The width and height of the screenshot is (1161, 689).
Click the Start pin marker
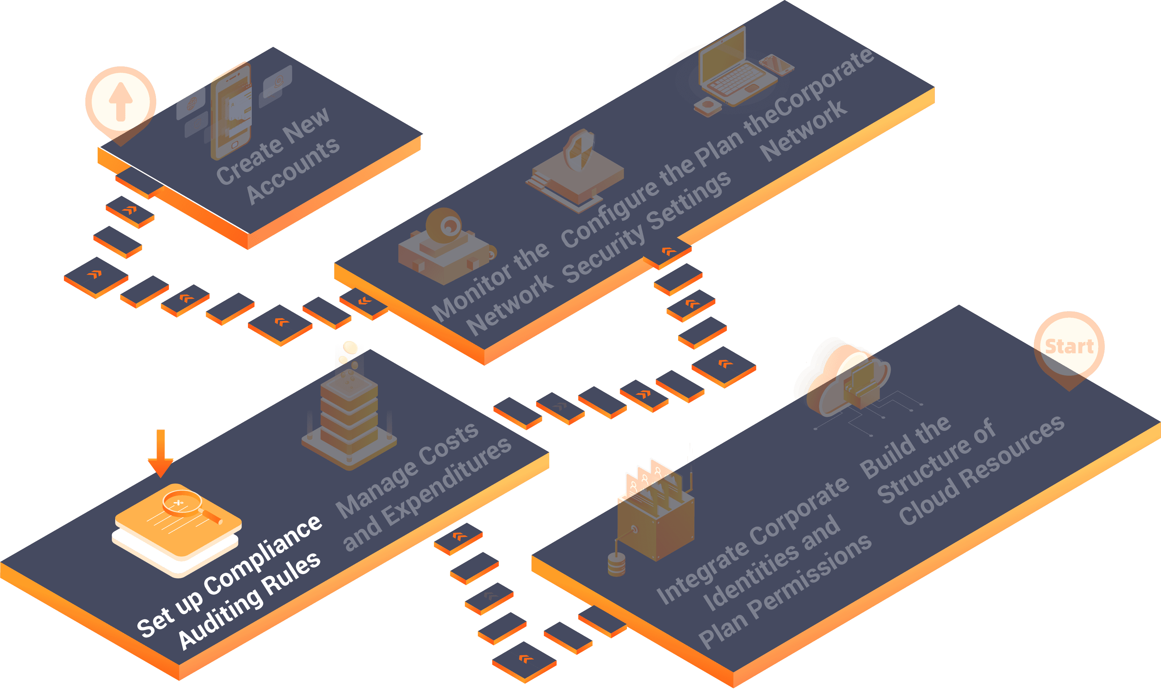click(x=1069, y=347)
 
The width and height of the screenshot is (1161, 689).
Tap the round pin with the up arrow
click(x=121, y=101)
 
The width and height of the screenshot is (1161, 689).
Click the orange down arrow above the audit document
click(x=160, y=453)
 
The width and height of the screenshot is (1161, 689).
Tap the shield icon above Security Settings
click(x=578, y=150)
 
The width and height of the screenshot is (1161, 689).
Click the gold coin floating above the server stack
click(x=350, y=347)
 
